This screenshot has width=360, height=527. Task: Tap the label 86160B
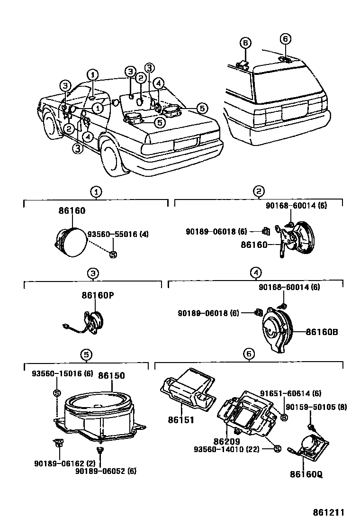coord(322,332)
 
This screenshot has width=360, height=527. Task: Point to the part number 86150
coord(111,376)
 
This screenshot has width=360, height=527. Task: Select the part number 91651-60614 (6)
coord(291,393)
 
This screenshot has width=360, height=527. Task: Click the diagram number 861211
coord(327,512)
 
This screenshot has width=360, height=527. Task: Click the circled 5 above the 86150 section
coord(86,354)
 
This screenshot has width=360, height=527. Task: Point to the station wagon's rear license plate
coord(297,112)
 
